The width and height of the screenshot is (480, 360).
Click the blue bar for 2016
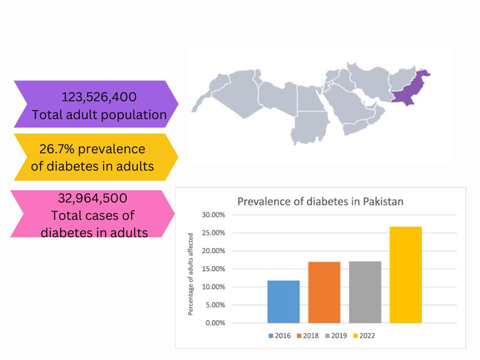coord(284,301)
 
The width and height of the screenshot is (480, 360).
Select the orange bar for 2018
coord(324,293)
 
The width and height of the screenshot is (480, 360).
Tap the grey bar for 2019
coord(365,292)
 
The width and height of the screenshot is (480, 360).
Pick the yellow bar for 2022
coord(406,275)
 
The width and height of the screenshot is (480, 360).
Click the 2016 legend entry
coord(279,336)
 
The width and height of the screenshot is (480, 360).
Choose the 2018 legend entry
coord(308,336)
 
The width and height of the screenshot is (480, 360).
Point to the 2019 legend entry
coord(336,336)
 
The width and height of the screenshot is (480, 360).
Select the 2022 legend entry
coord(364,336)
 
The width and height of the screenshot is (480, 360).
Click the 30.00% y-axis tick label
coord(213,215)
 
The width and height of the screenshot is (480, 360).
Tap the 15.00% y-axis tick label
coord(213,269)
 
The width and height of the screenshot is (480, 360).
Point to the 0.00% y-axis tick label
coord(215,323)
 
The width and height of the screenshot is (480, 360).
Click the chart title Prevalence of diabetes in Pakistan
coord(320,202)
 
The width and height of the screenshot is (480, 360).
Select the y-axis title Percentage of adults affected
coord(190,274)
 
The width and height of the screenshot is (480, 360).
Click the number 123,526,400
coord(99,97)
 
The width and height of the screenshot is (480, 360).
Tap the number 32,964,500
coord(92,198)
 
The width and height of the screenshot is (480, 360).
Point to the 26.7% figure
coord(56,149)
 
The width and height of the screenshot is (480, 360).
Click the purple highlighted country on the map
coord(408,89)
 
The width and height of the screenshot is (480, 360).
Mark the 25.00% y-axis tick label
coord(213,233)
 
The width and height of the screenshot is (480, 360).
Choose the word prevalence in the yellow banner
coord(111,150)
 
